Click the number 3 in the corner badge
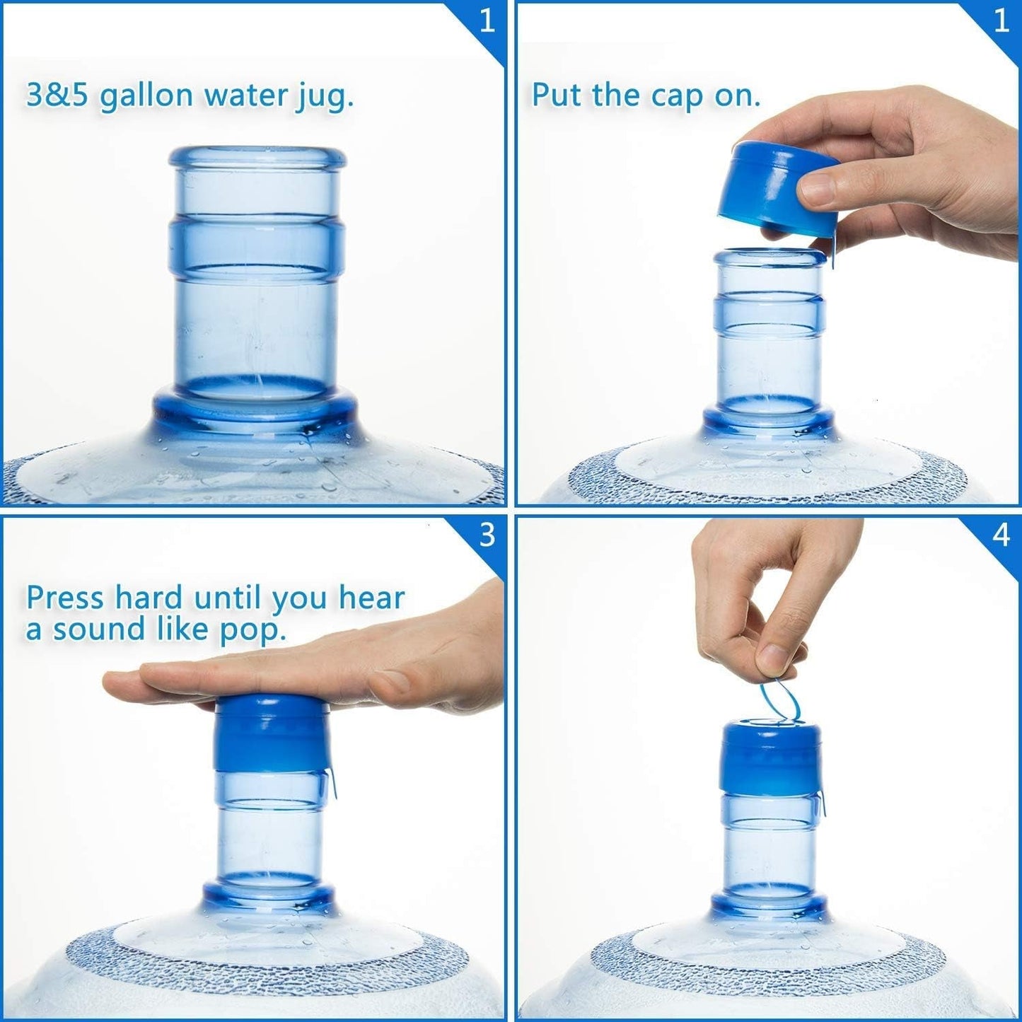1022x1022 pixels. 487,535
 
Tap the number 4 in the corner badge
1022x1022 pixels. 1000,535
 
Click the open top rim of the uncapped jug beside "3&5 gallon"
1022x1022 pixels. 257,157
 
